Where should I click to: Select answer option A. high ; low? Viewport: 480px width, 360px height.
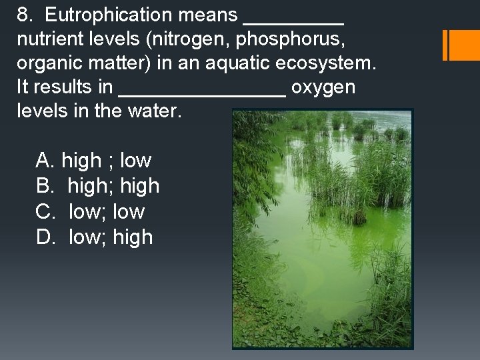click(93, 161)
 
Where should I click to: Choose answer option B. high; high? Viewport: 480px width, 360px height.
click(97, 186)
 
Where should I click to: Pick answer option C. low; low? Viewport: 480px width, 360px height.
click(90, 212)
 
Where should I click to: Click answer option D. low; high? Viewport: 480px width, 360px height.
click(94, 237)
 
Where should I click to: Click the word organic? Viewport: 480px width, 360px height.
click(47, 63)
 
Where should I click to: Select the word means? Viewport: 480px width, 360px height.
click(207, 15)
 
